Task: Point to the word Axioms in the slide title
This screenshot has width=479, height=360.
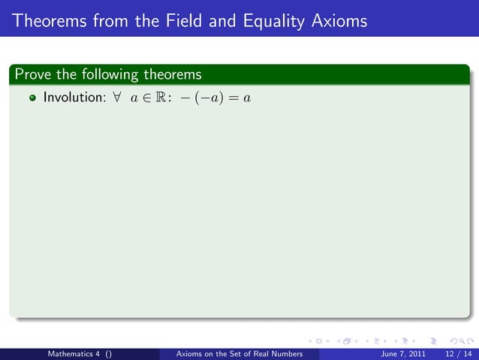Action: (339, 21)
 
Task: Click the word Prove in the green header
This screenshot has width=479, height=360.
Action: (32, 74)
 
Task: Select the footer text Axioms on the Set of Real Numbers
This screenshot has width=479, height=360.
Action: (238, 353)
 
